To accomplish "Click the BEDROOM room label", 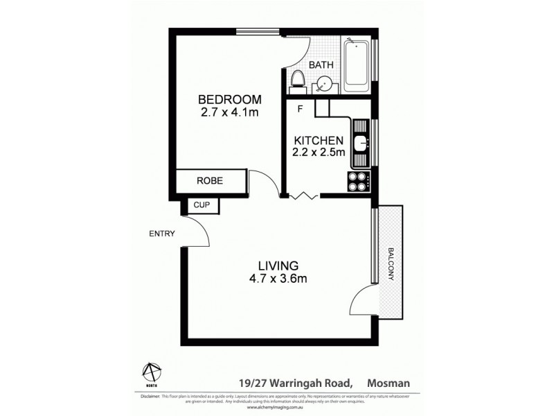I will tap(229, 98).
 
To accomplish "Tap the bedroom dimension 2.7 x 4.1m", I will tap(229, 112).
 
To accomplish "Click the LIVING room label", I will tap(278, 265).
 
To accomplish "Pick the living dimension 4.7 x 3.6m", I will tap(278, 279).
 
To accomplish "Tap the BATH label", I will tap(321, 64).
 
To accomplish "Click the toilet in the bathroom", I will tap(298, 79).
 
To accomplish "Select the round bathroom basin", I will tap(323, 85).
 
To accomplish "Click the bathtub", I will tap(357, 65).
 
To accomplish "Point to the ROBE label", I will tap(209, 180).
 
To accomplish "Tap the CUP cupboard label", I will tap(202, 205).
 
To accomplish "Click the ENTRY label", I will tap(161, 234).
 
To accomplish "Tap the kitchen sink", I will tap(361, 144).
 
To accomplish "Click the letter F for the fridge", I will tap(300, 109).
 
